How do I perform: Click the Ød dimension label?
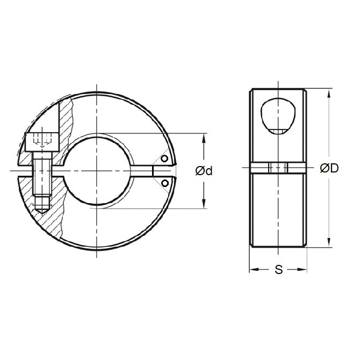point(204,171)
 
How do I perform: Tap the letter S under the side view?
point(278,270)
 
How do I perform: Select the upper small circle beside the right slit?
point(165,159)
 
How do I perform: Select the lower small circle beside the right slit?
point(165,183)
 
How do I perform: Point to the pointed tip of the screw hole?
point(42,211)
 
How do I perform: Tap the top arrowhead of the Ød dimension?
point(204,138)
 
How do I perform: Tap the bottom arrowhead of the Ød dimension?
point(204,205)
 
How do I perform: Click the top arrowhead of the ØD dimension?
point(328,93)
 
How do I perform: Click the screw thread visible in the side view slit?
point(278,169)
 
